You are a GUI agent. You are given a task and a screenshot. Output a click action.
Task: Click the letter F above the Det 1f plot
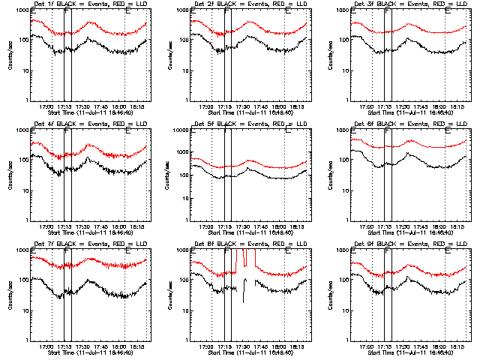pyautogui.click(x=67, y=12)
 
